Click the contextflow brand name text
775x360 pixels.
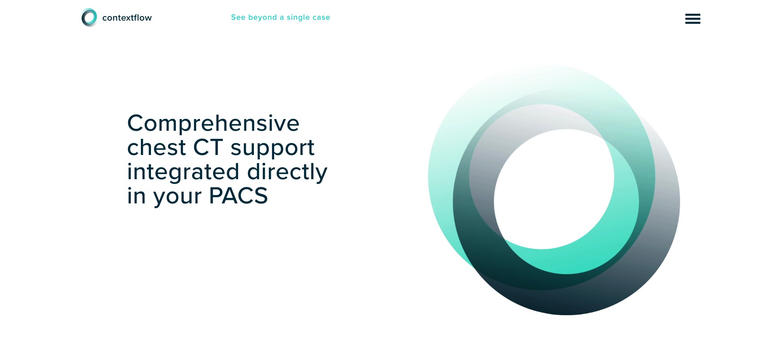[x=127, y=18]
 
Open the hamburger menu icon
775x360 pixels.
[x=693, y=19]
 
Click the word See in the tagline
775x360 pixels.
[x=238, y=17]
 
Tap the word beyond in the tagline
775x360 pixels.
[x=262, y=18]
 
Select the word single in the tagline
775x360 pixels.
[x=298, y=18]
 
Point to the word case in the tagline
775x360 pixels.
[x=321, y=18]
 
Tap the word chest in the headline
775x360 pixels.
[x=157, y=147]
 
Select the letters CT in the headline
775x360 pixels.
[x=208, y=147]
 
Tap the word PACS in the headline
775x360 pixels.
[x=238, y=196]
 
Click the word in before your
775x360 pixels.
[x=136, y=196]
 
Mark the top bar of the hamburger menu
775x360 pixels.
[x=693, y=15]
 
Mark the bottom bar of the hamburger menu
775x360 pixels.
[x=693, y=23]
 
